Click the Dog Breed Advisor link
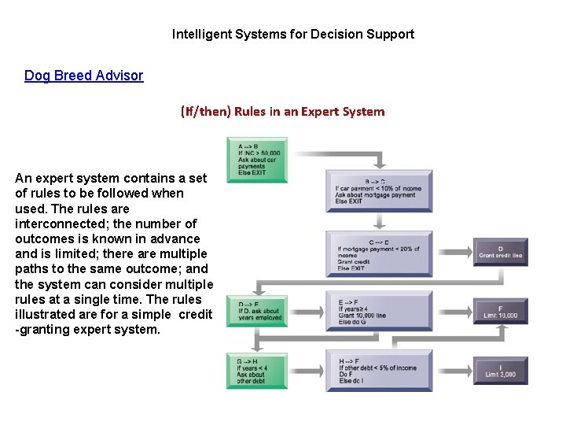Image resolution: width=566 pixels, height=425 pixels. tap(83, 76)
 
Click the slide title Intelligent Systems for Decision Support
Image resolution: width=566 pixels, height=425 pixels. tap(292, 34)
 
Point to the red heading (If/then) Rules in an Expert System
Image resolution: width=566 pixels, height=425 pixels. tap(282, 111)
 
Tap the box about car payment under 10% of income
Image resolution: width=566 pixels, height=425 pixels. tap(379, 190)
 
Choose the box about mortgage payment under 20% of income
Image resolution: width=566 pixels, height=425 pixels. tap(379, 253)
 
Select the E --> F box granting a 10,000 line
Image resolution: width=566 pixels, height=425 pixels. tap(379, 311)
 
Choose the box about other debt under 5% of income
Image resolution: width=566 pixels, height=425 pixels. tap(379, 370)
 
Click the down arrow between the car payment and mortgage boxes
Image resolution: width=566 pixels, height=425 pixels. tap(379, 221)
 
